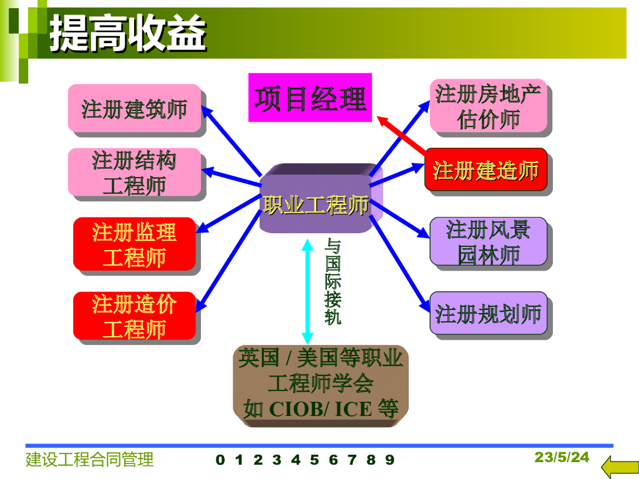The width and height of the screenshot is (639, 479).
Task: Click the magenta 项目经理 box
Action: click(310, 97)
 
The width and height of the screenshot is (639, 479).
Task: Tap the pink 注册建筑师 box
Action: click(135, 109)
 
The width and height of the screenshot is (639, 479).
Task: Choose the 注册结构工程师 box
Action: click(135, 172)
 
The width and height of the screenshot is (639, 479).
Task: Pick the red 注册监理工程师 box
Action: click(135, 244)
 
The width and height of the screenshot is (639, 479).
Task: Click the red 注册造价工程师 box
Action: click(135, 316)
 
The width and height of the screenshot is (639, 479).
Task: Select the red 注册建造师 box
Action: click(485, 170)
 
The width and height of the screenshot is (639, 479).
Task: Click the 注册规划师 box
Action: click(488, 314)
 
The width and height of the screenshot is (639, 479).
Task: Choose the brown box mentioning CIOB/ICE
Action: click(321, 385)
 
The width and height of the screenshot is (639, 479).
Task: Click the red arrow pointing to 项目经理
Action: click(401, 135)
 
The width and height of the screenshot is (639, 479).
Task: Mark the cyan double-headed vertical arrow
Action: click(307, 292)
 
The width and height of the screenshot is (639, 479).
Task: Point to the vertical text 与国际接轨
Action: click(333, 282)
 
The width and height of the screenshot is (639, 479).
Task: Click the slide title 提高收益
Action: click(128, 34)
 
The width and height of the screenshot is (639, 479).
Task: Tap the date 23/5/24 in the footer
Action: click(562, 457)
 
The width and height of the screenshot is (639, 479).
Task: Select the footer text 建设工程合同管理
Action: click(90, 460)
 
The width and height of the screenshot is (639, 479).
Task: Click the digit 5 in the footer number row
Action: click(315, 460)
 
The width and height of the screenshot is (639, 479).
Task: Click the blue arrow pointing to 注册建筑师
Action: click(232, 141)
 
